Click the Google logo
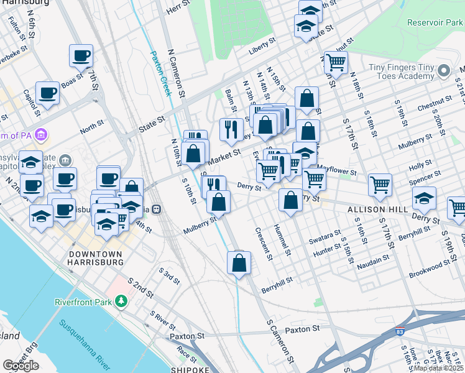tap(21, 366)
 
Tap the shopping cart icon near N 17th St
tap(336, 62)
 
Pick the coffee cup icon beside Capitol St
tap(47, 93)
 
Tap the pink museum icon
tap(41, 134)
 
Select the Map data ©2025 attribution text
tap(438, 368)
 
